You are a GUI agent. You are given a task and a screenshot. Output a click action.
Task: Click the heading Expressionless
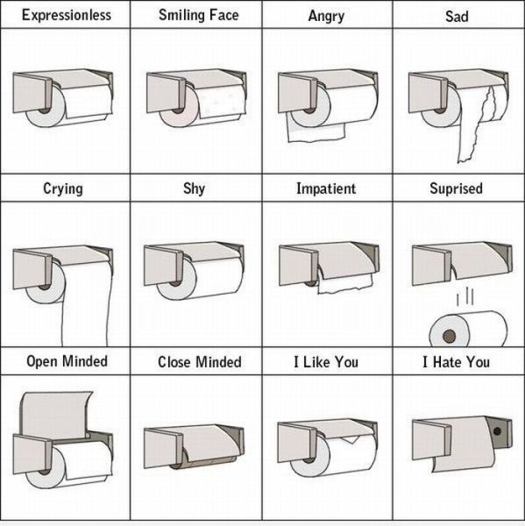[67, 15]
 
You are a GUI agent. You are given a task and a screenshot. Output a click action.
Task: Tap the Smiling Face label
[199, 15]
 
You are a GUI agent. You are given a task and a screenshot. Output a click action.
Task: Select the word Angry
[326, 16]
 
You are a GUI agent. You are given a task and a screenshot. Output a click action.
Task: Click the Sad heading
[457, 16]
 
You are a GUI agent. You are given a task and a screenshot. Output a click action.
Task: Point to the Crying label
[63, 188]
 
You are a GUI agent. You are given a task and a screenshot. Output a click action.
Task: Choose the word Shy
[194, 188]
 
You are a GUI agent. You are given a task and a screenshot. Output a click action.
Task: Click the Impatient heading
[326, 188]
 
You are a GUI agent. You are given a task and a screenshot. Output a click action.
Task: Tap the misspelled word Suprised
[457, 188]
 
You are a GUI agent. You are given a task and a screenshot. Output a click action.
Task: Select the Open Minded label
[67, 361]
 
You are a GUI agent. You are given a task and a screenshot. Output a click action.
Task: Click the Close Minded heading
[200, 362]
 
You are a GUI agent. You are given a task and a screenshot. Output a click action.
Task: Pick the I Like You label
[326, 362]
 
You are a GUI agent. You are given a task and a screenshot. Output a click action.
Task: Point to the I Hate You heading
[457, 362]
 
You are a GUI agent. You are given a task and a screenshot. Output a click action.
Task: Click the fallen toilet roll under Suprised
[468, 330]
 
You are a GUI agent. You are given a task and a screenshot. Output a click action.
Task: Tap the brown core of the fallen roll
[449, 336]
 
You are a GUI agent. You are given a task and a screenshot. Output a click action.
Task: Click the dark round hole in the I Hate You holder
[497, 431]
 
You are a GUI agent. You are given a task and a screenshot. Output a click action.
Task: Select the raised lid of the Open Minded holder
[55, 415]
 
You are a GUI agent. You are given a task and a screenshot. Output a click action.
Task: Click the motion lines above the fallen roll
[465, 296]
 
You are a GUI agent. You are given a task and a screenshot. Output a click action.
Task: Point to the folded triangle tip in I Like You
[351, 439]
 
